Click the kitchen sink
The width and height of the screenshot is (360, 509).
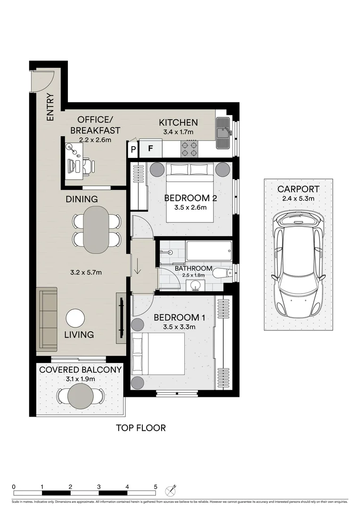pyautogui.click(x=222, y=127)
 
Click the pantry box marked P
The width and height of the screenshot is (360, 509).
pyautogui.click(x=133, y=149)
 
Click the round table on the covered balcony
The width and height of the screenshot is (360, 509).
pyautogui.click(x=81, y=395)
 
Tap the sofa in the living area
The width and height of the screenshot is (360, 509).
pyautogui.click(x=47, y=319)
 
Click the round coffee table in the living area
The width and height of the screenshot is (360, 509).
pyautogui.click(x=75, y=318)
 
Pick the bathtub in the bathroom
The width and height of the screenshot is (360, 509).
pyautogui.click(x=208, y=251)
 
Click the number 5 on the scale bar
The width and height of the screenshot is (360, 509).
pyautogui.click(x=155, y=487)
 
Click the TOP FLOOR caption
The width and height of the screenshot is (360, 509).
pyautogui.click(x=141, y=428)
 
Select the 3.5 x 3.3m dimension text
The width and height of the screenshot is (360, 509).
pyautogui.click(x=178, y=326)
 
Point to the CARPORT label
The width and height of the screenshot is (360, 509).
pyautogui.click(x=298, y=189)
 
